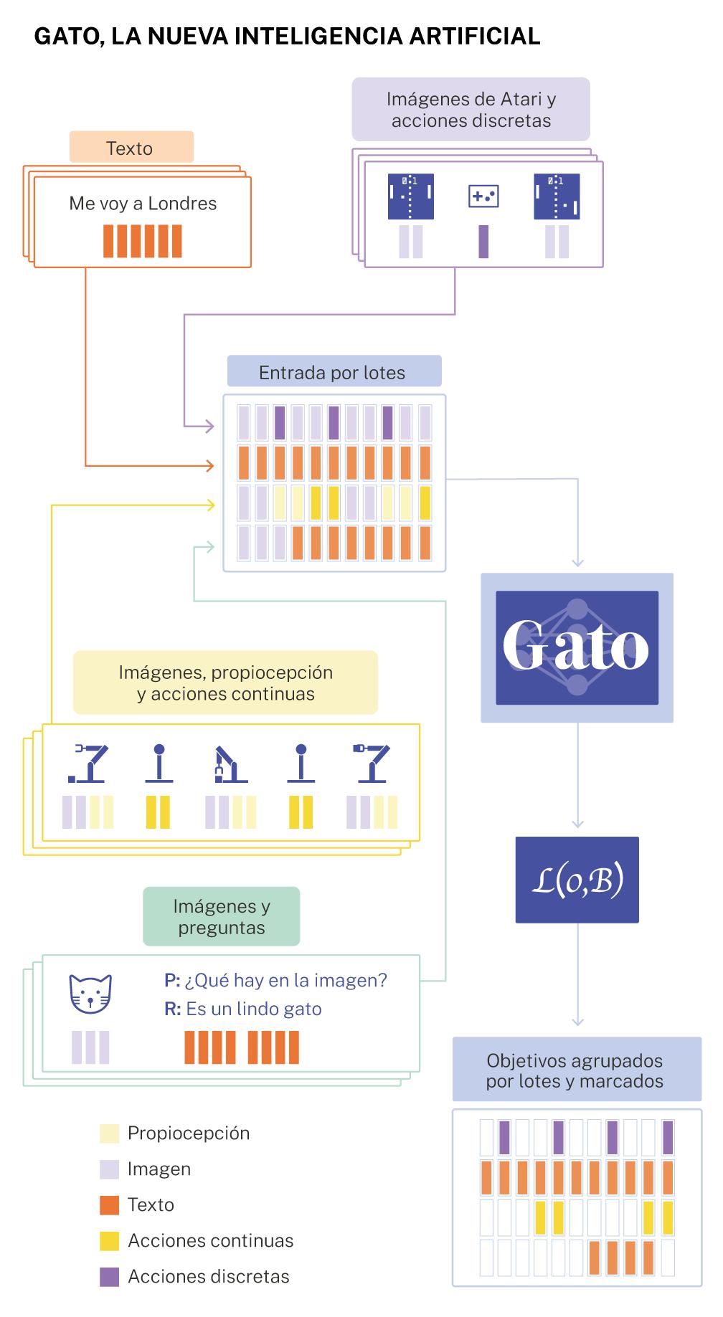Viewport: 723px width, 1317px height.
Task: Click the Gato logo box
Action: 577,647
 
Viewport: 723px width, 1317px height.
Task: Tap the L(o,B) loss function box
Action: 577,880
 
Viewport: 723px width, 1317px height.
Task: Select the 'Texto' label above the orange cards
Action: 130,148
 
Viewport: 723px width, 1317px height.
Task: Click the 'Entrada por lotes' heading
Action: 332,373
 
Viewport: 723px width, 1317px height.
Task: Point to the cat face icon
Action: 90,994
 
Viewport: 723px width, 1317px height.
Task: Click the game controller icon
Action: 483,196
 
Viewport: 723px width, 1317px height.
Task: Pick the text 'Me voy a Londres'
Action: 143,204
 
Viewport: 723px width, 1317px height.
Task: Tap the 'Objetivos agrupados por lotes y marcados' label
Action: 575,1070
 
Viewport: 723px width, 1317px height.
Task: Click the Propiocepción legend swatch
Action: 109,1133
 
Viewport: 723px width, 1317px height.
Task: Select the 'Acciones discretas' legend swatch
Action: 109,1277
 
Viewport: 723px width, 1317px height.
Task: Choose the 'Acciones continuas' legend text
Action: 210,1241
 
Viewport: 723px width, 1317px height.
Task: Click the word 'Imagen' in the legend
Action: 159,1169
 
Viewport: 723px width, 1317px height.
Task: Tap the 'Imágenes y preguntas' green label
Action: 222,917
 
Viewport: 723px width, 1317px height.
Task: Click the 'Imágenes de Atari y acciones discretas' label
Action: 471,110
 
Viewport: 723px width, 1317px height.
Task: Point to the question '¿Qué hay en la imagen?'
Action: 285,980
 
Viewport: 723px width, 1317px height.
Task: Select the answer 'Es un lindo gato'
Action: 254,1009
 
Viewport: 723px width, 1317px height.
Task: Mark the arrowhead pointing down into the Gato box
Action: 578,563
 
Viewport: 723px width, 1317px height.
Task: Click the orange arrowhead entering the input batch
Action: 209,466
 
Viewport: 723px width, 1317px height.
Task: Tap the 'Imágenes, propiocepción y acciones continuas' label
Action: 225,683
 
